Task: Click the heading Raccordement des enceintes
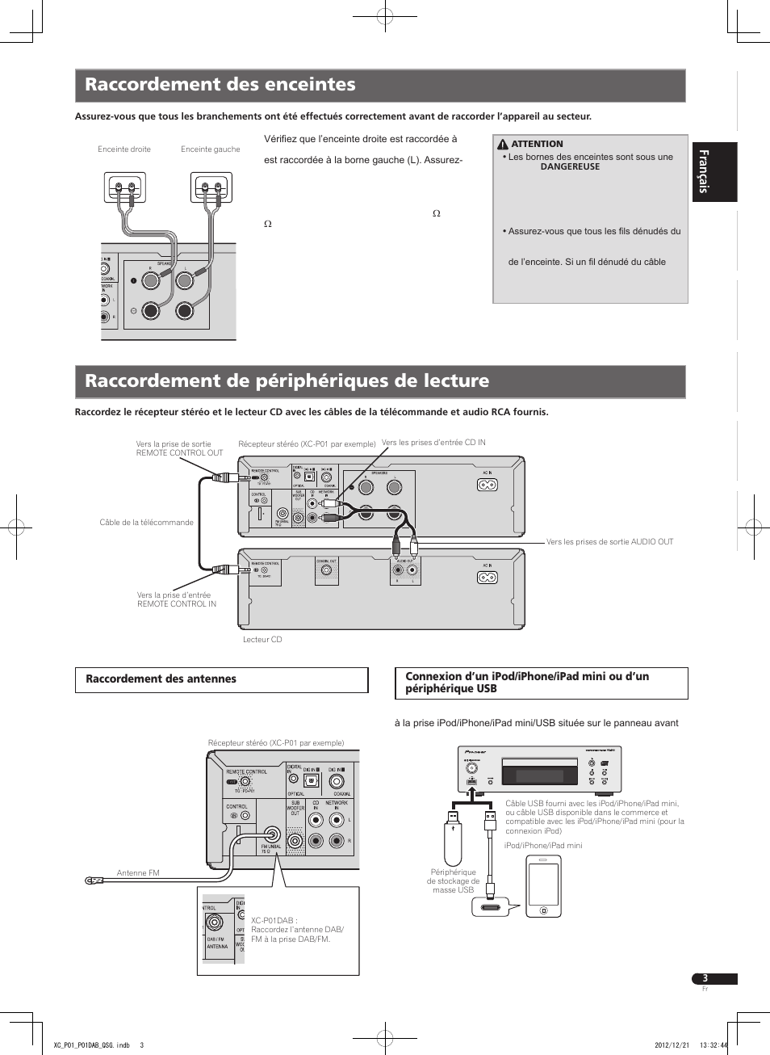coord(220,85)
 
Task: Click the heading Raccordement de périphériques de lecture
coord(287,381)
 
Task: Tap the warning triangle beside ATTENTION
coord(503,145)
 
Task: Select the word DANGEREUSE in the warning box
coord(570,167)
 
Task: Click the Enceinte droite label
coord(124,149)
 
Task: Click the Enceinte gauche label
coord(211,149)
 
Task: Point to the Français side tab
coord(704,171)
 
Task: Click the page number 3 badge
coord(705,978)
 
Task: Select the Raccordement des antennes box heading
coord(161,679)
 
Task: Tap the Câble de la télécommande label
coord(146,523)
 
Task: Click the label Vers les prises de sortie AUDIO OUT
coord(609,542)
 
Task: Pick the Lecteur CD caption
coord(262,640)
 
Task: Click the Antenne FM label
coord(138,873)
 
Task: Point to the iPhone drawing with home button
coord(544,886)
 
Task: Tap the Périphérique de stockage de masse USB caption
coord(453,881)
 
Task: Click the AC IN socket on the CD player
coord(487,578)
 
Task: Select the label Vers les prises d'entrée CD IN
coord(433,443)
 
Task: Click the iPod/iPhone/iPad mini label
coord(542,846)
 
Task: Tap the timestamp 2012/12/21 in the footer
coord(672,1045)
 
